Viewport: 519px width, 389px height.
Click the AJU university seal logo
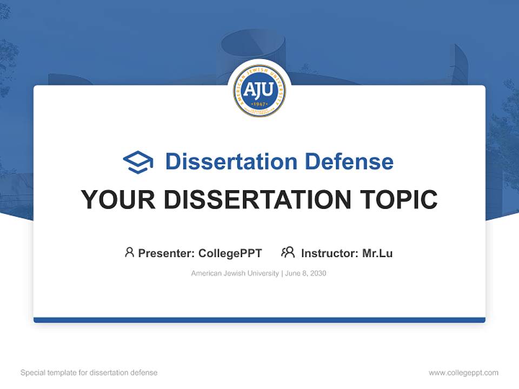pyautogui.click(x=259, y=91)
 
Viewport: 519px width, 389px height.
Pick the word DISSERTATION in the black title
pyautogui.click(x=257, y=200)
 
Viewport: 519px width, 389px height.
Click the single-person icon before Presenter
pyautogui.click(x=129, y=252)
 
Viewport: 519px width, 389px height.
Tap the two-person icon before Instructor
pyautogui.click(x=288, y=252)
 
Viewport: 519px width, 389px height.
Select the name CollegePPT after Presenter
pyautogui.click(x=230, y=253)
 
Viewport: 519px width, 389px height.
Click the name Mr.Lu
pyautogui.click(x=377, y=253)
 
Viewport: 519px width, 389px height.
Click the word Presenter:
pyautogui.click(x=167, y=253)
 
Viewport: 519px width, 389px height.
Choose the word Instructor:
pyautogui.click(x=330, y=253)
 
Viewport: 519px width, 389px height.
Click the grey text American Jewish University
pyautogui.click(x=235, y=273)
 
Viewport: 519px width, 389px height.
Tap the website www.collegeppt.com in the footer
pyautogui.click(x=463, y=373)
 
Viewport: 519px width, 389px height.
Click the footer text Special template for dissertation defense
pyautogui.click(x=89, y=373)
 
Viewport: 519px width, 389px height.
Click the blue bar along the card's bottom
pyautogui.click(x=259, y=320)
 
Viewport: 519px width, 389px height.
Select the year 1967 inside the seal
pyautogui.click(x=259, y=103)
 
